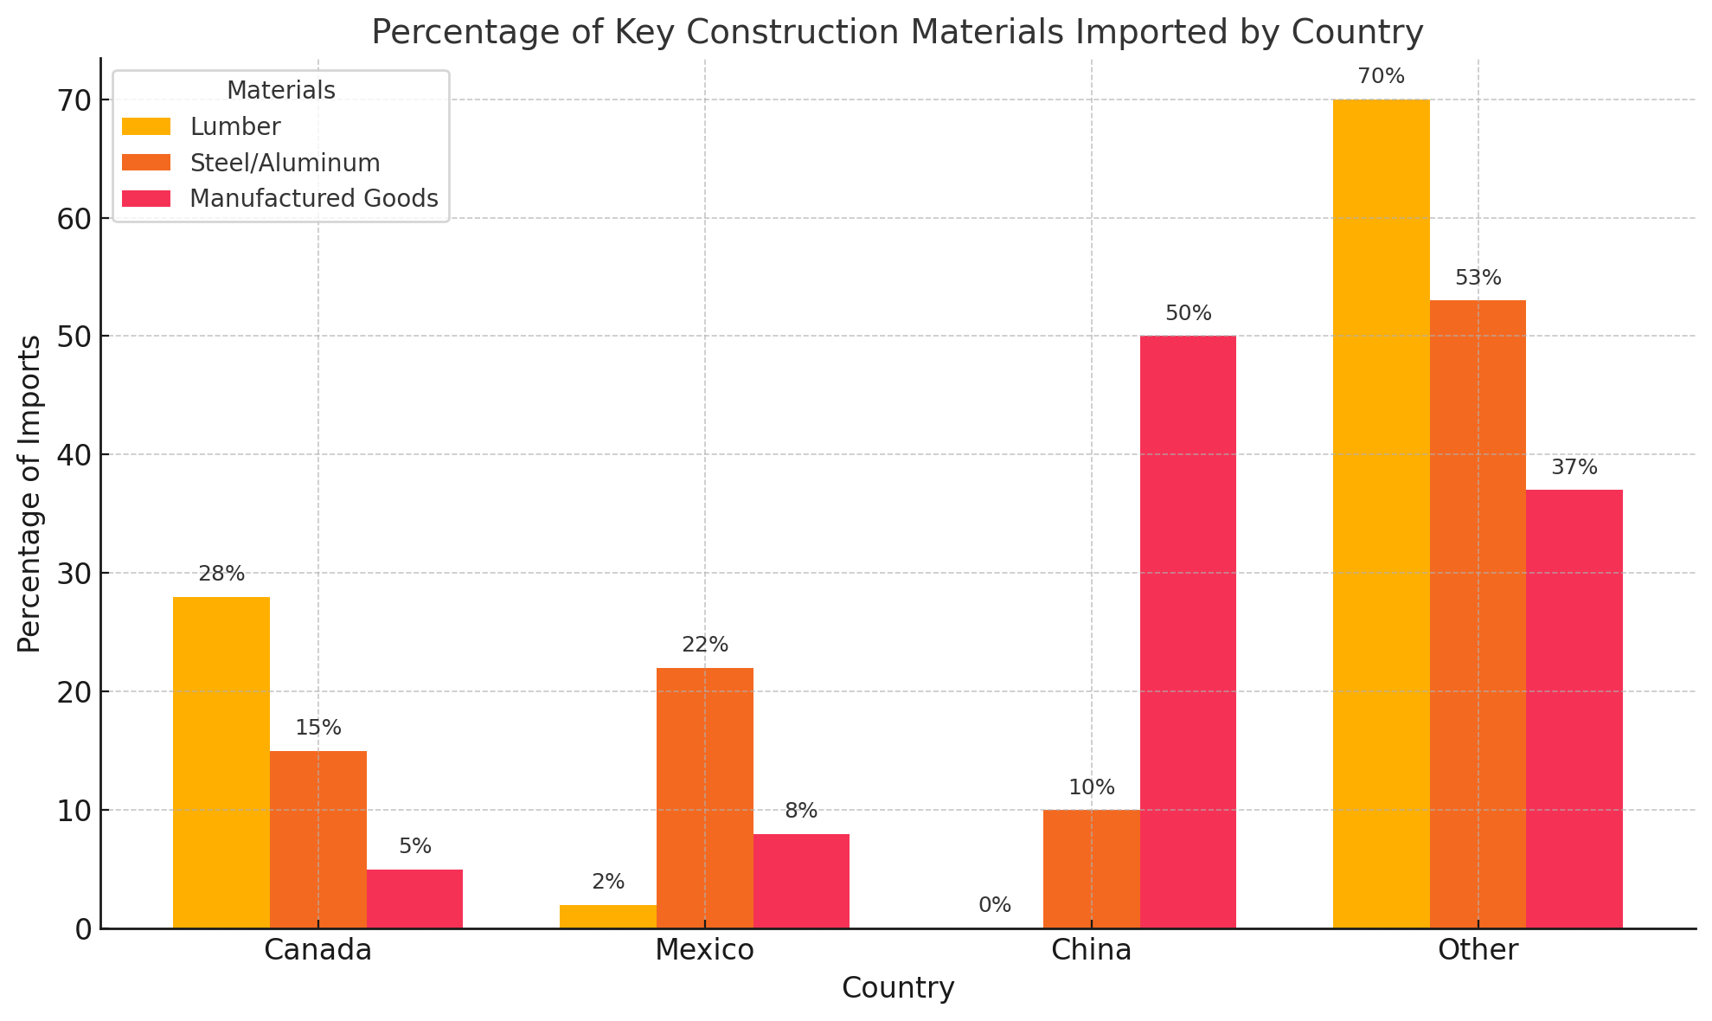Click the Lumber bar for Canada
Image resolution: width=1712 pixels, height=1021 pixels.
(x=221, y=761)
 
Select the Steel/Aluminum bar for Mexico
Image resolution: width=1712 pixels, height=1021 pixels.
(x=705, y=798)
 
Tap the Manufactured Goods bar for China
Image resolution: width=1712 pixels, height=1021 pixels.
(x=1188, y=632)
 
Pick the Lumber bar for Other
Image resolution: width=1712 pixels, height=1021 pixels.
(x=1381, y=514)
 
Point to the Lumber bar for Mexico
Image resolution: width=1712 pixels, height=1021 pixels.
(x=608, y=916)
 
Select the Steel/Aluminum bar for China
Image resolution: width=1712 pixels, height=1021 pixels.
(x=1091, y=869)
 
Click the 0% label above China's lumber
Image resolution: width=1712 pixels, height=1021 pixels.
(x=995, y=905)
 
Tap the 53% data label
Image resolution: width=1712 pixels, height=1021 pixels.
(x=1478, y=279)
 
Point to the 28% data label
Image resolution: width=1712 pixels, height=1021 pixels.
(x=221, y=575)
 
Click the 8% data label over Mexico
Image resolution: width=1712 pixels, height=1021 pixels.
(x=801, y=812)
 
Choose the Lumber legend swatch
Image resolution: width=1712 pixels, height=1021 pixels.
(x=146, y=127)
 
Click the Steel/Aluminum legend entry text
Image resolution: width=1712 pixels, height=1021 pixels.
(x=285, y=163)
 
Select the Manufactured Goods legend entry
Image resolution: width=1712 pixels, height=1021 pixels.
(x=313, y=199)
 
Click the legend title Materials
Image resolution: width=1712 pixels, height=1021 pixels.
(x=280, y=90)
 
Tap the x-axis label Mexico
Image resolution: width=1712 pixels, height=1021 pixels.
(x=704, y=950)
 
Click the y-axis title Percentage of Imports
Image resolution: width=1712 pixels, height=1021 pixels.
(x=29, y=493)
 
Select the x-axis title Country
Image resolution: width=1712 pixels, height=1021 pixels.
(x=897, y=988)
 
